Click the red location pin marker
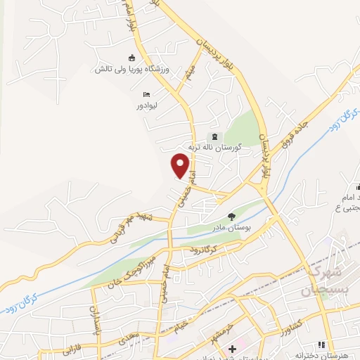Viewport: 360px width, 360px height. (x=181, y=165)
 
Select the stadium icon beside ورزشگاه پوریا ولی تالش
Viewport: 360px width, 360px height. (x=131, y=58)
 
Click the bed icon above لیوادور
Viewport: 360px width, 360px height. (x=146, y=94)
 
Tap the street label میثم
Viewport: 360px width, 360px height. (x=187, y=71)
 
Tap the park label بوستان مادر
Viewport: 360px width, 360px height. (x=231, y=229)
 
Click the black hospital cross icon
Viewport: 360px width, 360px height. (x=233, y=349)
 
